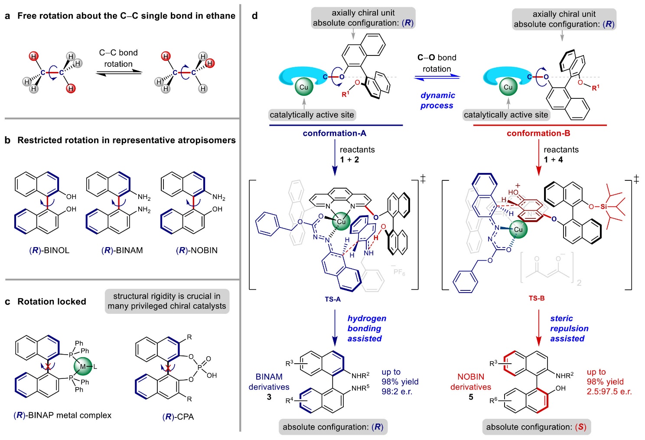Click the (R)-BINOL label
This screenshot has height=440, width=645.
49,250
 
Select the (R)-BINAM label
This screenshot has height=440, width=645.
122,250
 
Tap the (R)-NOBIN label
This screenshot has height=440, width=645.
197,250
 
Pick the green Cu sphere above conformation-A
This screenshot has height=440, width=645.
304,87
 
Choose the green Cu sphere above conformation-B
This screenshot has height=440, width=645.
508,87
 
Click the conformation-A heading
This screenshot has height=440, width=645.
335,133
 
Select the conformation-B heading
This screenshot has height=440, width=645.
538,133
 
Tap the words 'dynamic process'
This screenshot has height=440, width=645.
437,100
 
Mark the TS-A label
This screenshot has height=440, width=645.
332,299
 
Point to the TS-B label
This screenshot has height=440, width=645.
537,298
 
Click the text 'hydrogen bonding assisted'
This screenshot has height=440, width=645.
366,328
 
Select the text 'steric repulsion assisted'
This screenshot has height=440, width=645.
569,328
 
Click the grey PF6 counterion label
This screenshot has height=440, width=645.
398,271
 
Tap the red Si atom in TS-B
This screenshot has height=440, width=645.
603,207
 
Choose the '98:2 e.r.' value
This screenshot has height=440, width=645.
397,391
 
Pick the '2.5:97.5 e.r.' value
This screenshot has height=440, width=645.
609,391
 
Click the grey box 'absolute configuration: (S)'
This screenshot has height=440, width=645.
536,427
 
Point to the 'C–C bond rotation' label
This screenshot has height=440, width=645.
118,58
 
